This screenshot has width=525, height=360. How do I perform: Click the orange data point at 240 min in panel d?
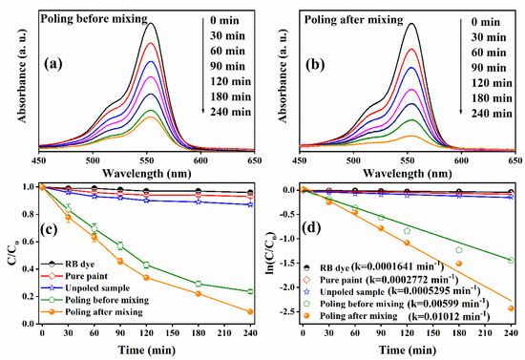click(512, 307)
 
